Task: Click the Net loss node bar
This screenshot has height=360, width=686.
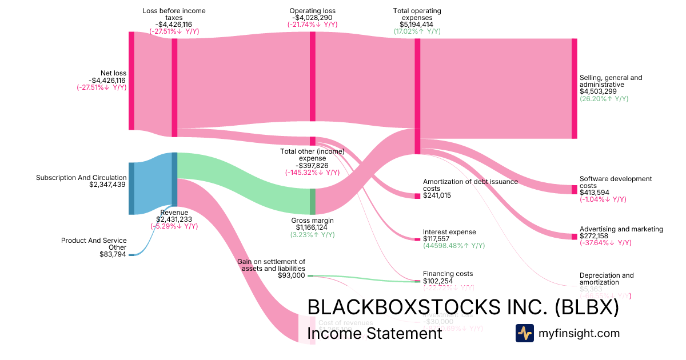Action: (131, 81)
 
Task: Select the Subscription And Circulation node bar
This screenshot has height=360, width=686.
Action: (131, 189)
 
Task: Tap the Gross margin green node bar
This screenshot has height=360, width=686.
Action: (312, 201)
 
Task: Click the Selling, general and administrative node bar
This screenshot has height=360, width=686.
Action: (574, 89)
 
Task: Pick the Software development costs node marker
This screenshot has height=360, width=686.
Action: (574, 190)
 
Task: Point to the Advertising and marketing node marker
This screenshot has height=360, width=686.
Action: (574, 237)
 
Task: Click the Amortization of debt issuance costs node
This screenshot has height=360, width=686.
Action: (417, 196)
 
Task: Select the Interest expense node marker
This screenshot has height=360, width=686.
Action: (417, 239)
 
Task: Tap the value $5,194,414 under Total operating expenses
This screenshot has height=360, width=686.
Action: (417, 25)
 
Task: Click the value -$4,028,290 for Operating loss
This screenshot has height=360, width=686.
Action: (312, 18)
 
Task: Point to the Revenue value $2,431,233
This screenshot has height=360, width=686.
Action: (174, 219)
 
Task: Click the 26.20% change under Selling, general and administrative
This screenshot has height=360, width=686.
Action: (604, 99)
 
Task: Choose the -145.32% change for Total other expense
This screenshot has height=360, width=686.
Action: (311, 172)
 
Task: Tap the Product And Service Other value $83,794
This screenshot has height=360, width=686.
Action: (113, 254)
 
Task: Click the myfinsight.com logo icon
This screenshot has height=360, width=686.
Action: (524, 333)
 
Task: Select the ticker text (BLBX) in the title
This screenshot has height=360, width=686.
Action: (587, 307)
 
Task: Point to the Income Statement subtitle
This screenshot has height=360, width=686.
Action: (374, 333)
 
